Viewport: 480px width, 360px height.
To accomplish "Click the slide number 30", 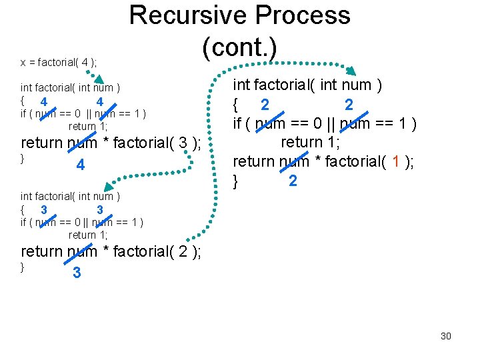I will pyautogui.click(x=446, y=336).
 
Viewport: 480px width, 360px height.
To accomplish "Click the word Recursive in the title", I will pyautogui.click(x=183, y=15).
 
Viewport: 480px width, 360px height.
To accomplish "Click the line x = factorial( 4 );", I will pyautogui.click(x=59, y=63).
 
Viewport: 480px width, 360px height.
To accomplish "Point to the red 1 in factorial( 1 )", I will pyautogui.click(x=395, y=161).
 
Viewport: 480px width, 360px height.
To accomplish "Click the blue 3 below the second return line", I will pyautogui.click(x=77, y=273).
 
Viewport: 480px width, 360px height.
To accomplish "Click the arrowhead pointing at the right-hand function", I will pyautogui.click(x=351, y=71).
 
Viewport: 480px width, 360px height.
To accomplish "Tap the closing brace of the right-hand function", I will pyautogui.click(x=235, y=180).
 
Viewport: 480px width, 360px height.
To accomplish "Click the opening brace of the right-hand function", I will pyautogui.click(x=235, y=105).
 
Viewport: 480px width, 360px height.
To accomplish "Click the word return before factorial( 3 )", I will pyautogui.click(x=42, y=143).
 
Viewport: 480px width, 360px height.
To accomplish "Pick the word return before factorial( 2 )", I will pyautogui.click(x=42, y=251).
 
